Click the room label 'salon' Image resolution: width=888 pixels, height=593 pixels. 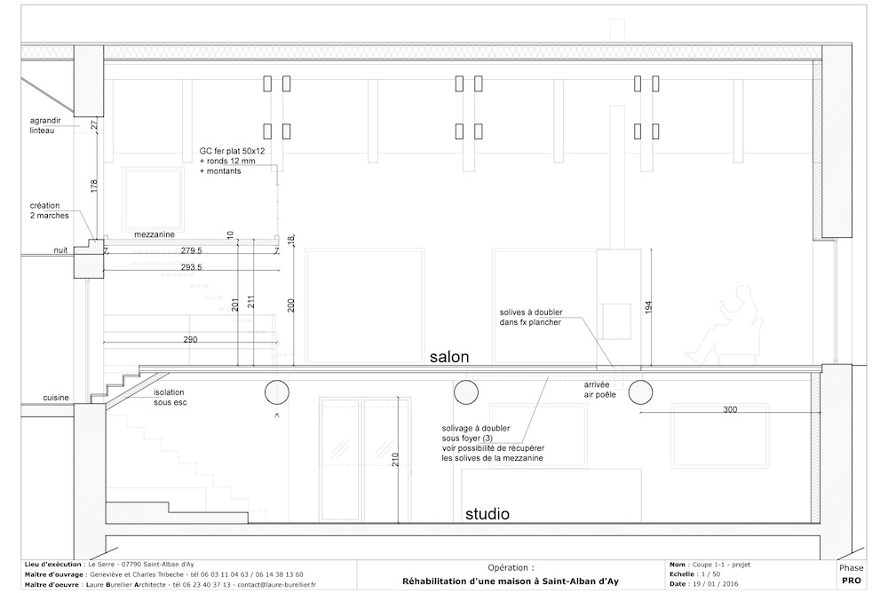click(449, 357)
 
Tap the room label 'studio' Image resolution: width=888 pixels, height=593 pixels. click(487, 514)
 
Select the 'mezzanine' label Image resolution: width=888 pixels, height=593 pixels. click(154, 234)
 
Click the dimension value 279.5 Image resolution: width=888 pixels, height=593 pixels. click(192, 250)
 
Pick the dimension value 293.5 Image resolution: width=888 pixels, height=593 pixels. click(192, 267)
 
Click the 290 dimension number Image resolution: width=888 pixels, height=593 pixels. click(190, 339)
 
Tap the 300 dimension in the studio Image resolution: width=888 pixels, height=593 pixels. click(730, 409)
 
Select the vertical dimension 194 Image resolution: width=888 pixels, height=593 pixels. click(648, 307)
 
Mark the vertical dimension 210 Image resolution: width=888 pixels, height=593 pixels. click(395, 459)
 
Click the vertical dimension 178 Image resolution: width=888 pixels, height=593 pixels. click(94, 186)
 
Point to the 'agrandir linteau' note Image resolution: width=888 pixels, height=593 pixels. click(45, 125)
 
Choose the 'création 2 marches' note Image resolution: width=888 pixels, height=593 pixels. click(49, 210)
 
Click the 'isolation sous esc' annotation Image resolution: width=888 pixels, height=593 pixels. click(170, 397)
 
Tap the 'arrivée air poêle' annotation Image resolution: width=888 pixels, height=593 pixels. click(599, 390)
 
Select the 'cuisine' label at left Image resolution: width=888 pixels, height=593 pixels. click(56, 398)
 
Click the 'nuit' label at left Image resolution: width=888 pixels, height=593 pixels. click(60, 249)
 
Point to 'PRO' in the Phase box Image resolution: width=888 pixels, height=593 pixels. click(852, 580)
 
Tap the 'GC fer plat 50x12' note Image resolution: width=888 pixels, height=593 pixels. click(232, 151)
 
